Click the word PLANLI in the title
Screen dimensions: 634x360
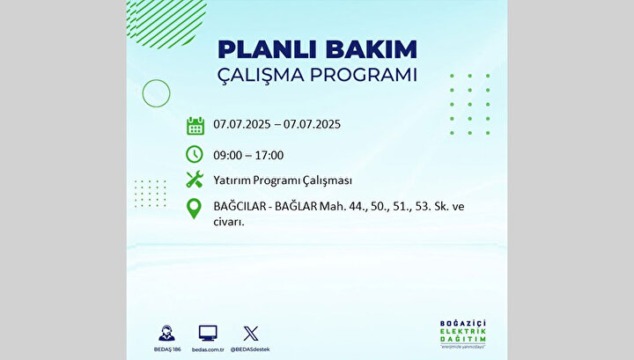click(x=268, y=49)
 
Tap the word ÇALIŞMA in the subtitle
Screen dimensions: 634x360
click(x=261, y=76)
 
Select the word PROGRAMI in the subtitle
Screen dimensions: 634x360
click(x=363, y=75)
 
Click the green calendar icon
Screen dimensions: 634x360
click(x=195, y=126)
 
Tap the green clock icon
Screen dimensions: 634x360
click(x=195, y=154)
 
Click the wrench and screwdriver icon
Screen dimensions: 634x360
click(x=195, y=179)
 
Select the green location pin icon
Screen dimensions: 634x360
click(x=194, y=209)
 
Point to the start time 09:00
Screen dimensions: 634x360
click(x=228, y=155)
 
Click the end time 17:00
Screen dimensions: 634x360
click(x=269, y=155)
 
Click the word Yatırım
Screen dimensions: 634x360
click(x=232, y=180)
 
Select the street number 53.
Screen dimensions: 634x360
click(x=423, y=207)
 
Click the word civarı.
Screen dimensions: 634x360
click(x=229, y=222)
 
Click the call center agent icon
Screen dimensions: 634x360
click(x=166, y=334)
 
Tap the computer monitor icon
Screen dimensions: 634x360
click(x=208, y=334)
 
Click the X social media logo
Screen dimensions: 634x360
click(x=251, y=334)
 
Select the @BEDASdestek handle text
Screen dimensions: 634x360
click(x=250, y=349)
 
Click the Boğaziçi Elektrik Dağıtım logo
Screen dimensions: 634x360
click(x=463, y=334)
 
